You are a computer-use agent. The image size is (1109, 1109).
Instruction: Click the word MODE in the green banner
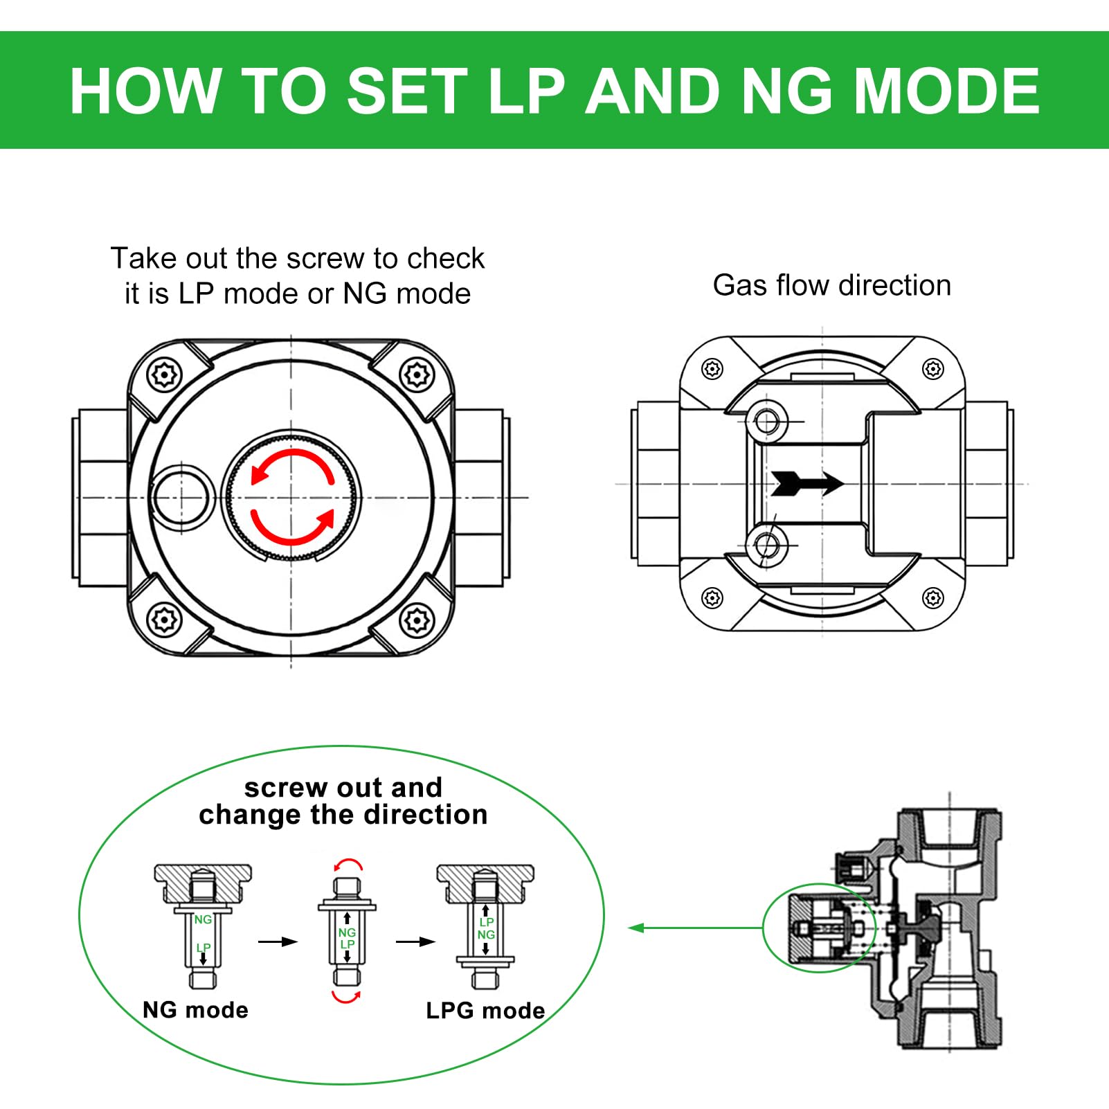[x=946, y=91]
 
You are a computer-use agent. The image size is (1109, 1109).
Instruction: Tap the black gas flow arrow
[x=807, y=483]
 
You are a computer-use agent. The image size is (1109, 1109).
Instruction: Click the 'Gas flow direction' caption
[x=831, y=285]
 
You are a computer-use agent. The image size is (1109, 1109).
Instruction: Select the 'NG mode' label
[x=195, y=1010]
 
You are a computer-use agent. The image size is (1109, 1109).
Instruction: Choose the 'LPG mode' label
[x=485, y=1011]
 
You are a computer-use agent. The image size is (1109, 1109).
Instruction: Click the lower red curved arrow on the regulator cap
[x=292, y=529]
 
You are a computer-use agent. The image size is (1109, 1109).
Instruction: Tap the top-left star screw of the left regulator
[x=165, y=375]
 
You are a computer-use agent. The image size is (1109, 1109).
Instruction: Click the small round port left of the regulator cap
[x=181, y=496]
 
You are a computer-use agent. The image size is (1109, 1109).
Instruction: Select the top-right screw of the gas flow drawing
[x=933, y=369]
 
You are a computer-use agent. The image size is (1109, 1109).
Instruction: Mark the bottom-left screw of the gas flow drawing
[x=712, y=597]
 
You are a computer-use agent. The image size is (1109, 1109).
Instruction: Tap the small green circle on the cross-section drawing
[x=819, y=928]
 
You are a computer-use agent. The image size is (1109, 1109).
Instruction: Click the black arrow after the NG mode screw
[x=278, y=941]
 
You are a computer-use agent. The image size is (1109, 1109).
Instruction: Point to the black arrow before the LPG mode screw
[x=415, y=941]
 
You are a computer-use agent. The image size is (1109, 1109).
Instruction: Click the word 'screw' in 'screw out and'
[x=285, y=788]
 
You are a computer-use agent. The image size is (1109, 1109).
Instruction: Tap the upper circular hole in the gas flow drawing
[x=767, y=420]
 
